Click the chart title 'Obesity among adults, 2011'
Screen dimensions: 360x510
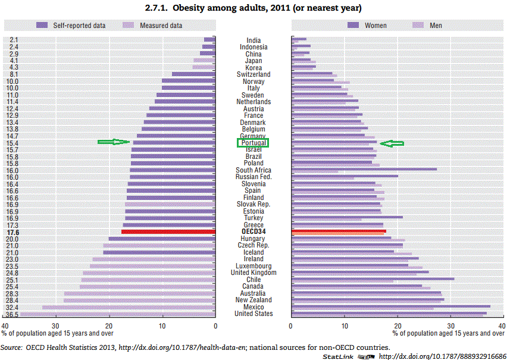(x=253, y=8)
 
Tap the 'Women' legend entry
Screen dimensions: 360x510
(x=375, y=26)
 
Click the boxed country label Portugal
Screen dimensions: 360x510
(x=254, y=143)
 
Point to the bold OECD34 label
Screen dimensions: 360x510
(x=254, y=231)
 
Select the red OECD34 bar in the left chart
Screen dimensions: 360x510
(x=168, y=231)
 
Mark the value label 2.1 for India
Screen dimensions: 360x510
(x=14, y=40)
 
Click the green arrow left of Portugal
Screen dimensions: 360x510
(x=114, y=142)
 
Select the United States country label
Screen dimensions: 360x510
(x=254, y=314)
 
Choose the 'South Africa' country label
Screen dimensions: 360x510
(x=254, y=170)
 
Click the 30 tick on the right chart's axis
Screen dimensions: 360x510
(x=451, y=326)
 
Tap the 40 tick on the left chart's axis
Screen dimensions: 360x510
(x=5, y=326)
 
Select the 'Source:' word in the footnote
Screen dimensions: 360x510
(x=12, y=347)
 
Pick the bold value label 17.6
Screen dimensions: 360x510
(x=12, y=232)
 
